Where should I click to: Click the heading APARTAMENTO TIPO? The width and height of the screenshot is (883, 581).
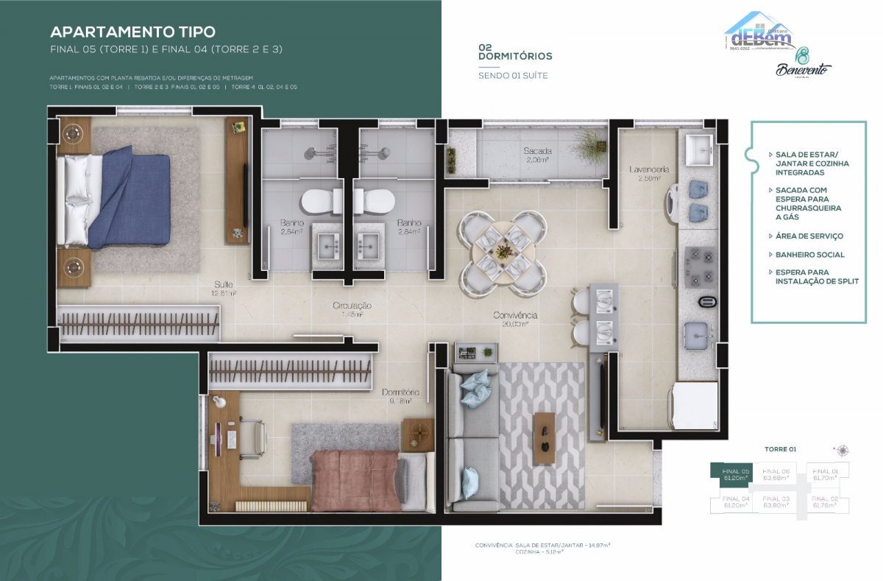point(132,32)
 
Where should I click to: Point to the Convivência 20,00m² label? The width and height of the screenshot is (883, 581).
point(515,319)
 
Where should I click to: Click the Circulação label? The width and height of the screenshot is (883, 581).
point(351,309)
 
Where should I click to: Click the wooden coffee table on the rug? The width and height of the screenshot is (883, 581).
point(545,438)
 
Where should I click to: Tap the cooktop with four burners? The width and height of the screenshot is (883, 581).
point(700,267)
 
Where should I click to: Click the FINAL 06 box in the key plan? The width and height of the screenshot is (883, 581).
point(776,473)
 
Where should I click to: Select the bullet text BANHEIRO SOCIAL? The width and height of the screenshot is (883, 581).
point(809,255)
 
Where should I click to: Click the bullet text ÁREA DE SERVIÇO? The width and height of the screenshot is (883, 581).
point(809,236)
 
